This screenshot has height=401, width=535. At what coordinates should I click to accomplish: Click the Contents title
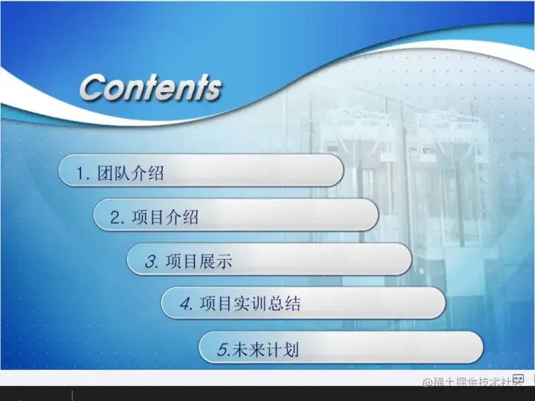point(150,88)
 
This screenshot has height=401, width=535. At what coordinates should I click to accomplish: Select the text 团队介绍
point(131,175)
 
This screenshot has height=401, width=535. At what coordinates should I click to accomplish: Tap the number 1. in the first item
point(83,175)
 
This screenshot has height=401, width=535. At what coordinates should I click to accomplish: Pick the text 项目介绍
point(165,218)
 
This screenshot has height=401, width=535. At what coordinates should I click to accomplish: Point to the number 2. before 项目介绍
point(117,218)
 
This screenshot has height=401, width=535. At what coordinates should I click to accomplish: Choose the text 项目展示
point(198,261)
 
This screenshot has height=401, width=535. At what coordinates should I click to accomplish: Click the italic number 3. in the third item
point(151,261)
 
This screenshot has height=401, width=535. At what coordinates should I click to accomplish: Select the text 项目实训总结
point(250,304)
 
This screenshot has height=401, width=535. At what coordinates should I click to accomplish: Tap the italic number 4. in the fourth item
point(187,304)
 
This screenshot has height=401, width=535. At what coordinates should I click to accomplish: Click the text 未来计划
point(265,349)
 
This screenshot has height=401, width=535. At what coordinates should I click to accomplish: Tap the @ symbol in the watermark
point(428,382)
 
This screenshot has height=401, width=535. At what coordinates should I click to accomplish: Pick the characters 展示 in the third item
point(215,261)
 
